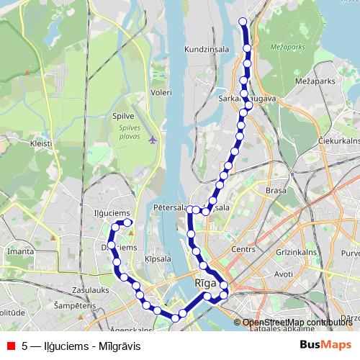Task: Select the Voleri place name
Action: pos(161,92)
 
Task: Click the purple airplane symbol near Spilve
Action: pos(152,139)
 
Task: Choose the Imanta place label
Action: pos(19,252)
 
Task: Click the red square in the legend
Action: pos(10,346)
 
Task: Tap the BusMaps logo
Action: pos(325,345)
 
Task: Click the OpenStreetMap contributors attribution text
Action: pos(297,323)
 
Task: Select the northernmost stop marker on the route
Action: pos(243,21)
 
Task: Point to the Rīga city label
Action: pos(205,283)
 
